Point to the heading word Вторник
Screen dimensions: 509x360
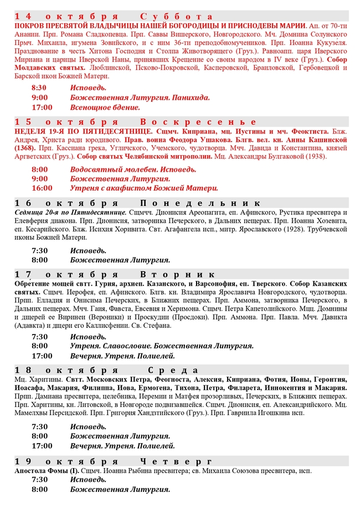pos(177,274)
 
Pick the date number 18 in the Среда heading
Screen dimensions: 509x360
pos(24,370)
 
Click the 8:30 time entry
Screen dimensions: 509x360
pos(39,88)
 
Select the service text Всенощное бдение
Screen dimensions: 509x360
pos(105,107)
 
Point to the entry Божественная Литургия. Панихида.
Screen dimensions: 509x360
pos(140,97)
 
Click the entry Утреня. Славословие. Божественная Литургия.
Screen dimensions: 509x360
pos(162,346)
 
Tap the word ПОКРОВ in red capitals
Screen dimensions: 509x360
pos(32,25)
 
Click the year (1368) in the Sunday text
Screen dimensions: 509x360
pos(25,148)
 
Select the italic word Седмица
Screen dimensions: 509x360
pos(29,212)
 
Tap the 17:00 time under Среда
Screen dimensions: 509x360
pos(42,445)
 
